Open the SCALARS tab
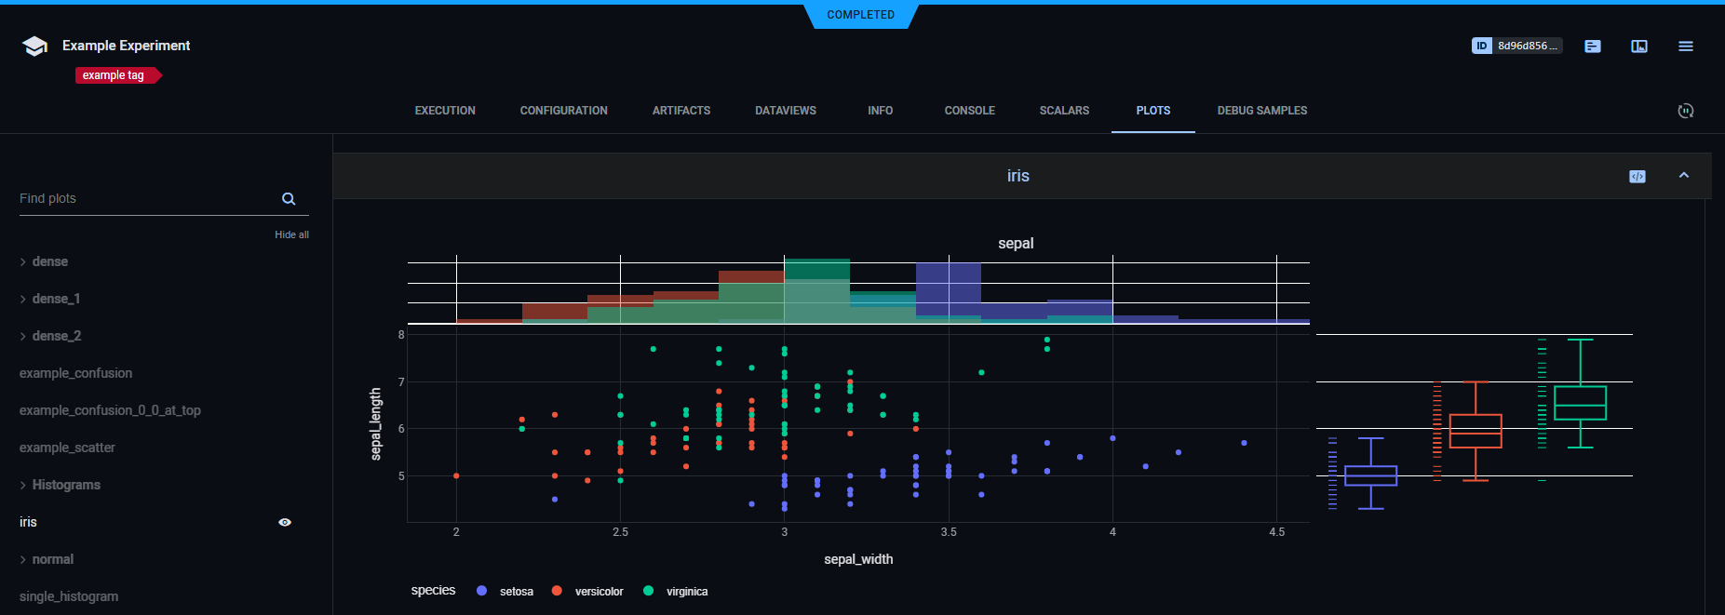click(x=1064, y=111)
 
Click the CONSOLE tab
click(x=969, y=111)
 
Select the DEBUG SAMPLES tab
click(x=1261, y=111)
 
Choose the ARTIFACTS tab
click(x=681, y=111)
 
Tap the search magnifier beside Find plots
click(x=289, y=199)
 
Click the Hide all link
click(x=291, y=234)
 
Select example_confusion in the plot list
click(x=75, y=373)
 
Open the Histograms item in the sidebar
click(x=66, y=485)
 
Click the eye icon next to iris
click(x=285, y=522)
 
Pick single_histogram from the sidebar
click(x=69, y=596)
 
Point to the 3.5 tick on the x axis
click(x=949, y=532)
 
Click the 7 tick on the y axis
click(x=401, y=382)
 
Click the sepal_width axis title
click(x=858, y=559)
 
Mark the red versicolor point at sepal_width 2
click(x=456, y=475)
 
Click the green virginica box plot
click(x=1580, y=403)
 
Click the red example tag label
click(x=115, y=75)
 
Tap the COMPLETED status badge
click(x=860, y=15)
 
